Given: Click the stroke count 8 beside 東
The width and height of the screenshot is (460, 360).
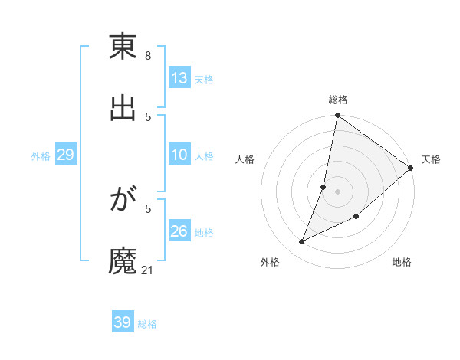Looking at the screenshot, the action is (147, 56).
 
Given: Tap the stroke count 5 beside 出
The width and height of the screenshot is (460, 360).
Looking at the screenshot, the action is (147, 116).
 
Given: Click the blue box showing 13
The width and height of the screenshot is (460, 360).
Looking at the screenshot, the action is (179, 77).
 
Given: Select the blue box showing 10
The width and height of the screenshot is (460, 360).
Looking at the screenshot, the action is (179, 155).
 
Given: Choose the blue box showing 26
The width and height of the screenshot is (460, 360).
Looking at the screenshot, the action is (179, 231).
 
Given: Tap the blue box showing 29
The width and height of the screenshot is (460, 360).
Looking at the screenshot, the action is (65, 155).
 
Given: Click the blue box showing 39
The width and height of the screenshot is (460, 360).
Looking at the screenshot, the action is (123, 322).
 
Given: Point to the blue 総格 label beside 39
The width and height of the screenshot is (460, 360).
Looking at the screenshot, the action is (148, 324).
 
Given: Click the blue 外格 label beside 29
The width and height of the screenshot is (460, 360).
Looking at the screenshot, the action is (41, 156).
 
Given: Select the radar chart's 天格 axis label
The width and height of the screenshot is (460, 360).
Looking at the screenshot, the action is (431, 159).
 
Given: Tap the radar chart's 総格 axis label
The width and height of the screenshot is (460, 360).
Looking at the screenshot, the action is (338, 100).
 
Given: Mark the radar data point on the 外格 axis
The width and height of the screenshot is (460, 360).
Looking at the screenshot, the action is (302, 242).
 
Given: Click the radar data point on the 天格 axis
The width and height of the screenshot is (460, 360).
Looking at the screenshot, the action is (411, 169).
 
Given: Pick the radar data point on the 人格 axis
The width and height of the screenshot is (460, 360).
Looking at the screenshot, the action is (324, 187).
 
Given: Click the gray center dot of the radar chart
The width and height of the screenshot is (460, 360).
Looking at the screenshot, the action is (338, 191).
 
